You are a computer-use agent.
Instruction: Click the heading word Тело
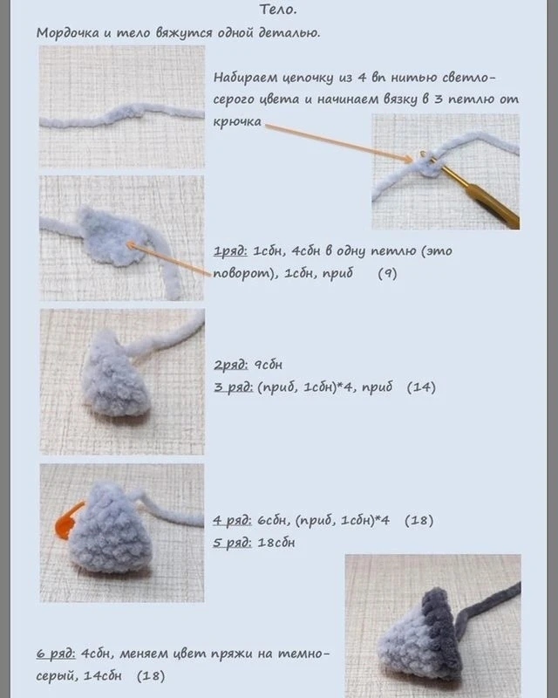[277, 10]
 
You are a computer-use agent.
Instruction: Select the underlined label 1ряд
[230, 251]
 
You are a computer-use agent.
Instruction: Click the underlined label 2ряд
[230, 366]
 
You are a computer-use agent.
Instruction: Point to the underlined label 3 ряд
[233, 387]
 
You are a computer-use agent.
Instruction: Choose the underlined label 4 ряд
[232, 520]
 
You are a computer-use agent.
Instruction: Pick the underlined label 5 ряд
[232, 543]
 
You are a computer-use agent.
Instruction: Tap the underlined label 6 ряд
[56, 654]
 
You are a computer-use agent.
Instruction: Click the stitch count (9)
[387, 273]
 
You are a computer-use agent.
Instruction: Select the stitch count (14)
[421, 387]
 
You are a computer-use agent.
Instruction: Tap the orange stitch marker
[67, 521]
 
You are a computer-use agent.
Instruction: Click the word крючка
[237, 122]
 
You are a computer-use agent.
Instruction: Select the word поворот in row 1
[241, 274]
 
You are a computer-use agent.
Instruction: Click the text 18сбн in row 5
[276, 543]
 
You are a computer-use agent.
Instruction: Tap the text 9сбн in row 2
[268, 366]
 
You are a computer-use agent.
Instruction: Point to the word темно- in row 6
[304, 654]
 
